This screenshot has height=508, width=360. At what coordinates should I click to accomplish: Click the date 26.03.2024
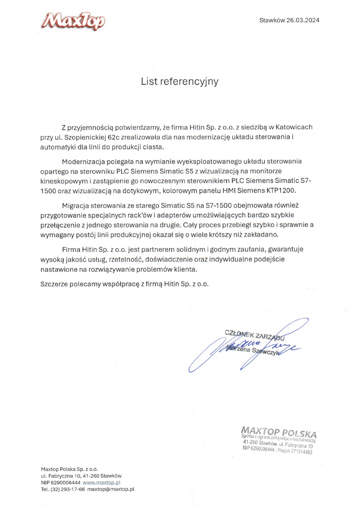302,20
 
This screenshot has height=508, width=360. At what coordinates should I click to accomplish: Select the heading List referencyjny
180,81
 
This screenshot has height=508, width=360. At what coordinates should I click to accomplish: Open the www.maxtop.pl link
102,482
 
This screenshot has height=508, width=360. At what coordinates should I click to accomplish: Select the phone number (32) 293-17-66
67,489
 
